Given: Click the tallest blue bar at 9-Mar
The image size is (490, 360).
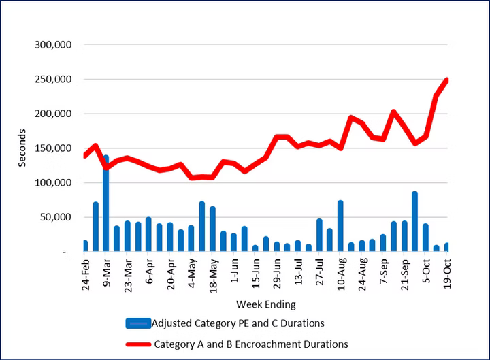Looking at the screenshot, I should click(106, 204).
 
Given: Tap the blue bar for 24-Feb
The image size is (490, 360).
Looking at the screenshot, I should click(85, 246).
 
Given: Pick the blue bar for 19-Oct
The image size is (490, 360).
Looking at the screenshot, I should click(447, 247).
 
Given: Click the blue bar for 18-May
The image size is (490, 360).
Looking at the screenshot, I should click(212, 229).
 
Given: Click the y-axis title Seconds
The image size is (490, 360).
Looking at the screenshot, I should click(22, 148).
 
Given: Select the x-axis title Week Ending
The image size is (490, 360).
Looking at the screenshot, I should click(266, 304).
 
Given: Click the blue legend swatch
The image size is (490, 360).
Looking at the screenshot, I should click(138, 323).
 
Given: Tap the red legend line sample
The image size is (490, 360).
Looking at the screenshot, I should click(138, 344).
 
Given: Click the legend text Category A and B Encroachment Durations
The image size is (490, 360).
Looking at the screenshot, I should click(251, 344).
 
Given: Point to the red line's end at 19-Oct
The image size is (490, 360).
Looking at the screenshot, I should click(447, 80).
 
